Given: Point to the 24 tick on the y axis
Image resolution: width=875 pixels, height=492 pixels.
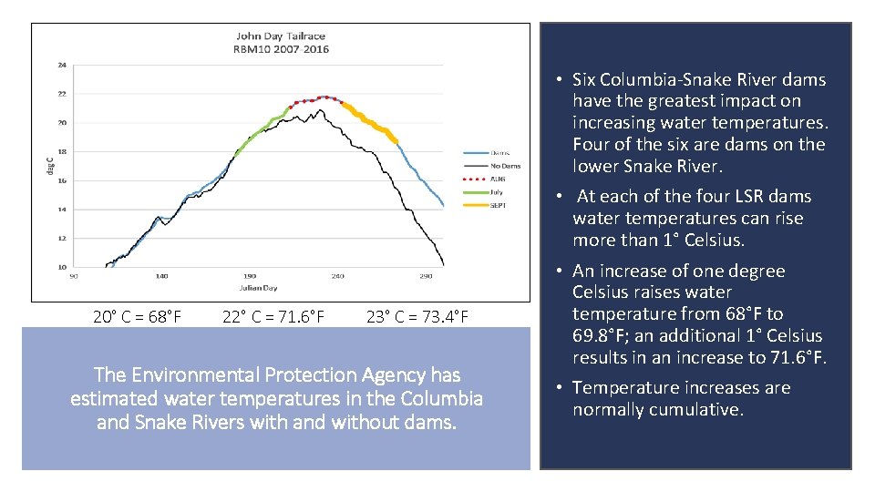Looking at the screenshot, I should (61, 65).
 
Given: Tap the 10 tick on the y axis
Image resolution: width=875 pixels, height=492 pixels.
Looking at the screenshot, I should (61, 267).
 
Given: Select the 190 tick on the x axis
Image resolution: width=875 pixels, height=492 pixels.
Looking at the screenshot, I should (250, 276).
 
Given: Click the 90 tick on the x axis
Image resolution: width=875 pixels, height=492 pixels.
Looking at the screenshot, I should (73, 276).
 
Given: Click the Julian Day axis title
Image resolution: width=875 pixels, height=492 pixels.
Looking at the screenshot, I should (259, 288).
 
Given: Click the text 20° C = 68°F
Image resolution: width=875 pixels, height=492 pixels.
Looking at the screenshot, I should (137, 317).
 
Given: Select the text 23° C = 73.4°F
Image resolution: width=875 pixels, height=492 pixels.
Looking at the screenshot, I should (417, 317).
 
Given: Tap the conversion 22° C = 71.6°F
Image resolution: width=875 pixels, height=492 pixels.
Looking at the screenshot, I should (273, 317).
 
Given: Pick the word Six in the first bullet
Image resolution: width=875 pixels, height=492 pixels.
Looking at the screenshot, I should (584, 79).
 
